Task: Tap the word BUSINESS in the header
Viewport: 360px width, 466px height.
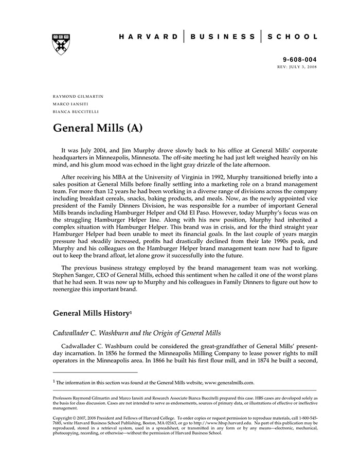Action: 222,37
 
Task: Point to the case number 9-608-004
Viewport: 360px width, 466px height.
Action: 300,60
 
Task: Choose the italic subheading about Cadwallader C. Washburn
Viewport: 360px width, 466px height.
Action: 137,333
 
